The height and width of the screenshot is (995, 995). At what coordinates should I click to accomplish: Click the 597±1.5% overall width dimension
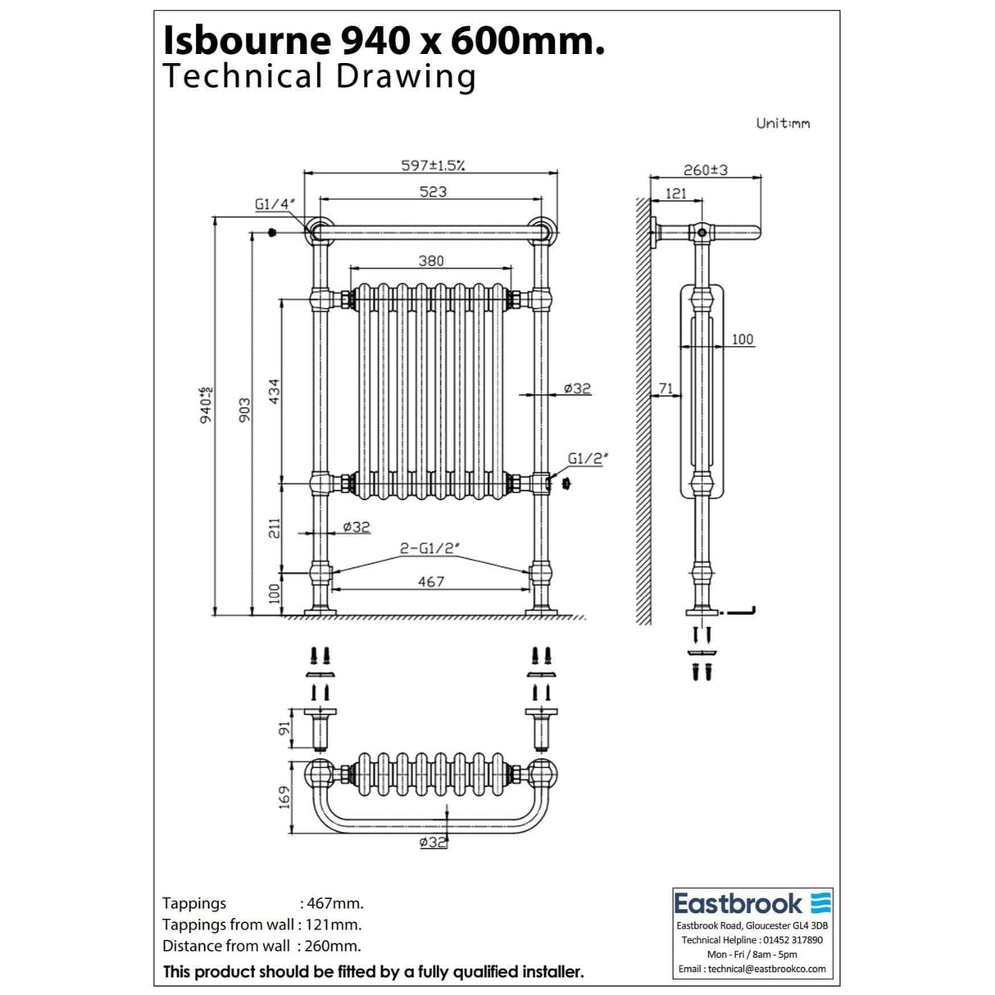point(434,166)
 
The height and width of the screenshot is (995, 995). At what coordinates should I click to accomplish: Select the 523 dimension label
point(433,192)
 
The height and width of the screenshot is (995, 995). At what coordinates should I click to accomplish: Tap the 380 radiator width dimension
point(431,261)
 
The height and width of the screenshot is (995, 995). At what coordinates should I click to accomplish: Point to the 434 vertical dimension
point(274,392)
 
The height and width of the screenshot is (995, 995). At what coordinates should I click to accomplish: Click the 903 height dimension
point(244,410)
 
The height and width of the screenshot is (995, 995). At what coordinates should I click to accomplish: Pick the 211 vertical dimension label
point(275,528)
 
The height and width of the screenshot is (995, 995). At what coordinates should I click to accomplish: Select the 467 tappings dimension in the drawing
point(431,582)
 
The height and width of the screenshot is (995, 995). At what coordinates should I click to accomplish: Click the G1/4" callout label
point(275,204)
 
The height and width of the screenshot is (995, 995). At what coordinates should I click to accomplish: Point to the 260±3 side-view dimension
point(706,170)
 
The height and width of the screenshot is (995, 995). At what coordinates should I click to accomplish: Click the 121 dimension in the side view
point(676,193)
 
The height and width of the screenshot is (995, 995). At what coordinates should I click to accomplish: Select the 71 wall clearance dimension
point(666,388)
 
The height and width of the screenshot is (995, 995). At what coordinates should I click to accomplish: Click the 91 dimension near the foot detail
point(284,729)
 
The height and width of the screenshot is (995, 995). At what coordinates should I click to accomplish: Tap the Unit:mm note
point(783,124)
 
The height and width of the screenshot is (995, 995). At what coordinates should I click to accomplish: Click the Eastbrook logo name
point(738,904)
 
